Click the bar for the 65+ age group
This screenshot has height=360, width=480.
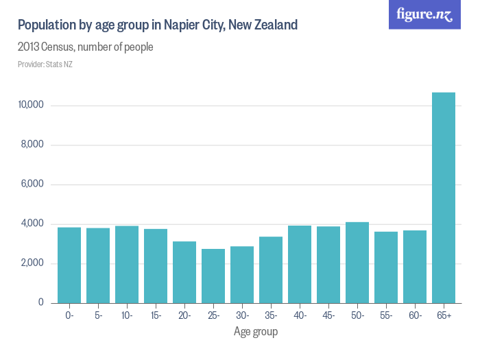tap(444, 197)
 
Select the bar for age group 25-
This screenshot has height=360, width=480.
tap(213, 276)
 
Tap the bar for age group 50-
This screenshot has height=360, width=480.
tap(357, 263)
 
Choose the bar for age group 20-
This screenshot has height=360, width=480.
tap(184, 272)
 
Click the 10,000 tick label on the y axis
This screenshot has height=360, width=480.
tap(32, 106)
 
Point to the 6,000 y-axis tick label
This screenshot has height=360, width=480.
tap(34, 184)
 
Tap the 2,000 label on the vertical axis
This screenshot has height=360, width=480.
tap(34, 263)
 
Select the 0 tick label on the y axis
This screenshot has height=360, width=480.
tap(41, 302)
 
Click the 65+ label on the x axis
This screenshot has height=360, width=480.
tap(444, 315)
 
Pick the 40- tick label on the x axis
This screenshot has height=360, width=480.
tap(300, 315)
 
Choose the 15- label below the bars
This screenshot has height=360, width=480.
tap(156, 315)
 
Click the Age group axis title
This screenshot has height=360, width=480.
tap(256, 332)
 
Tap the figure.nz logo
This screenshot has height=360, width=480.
tap(424, 14)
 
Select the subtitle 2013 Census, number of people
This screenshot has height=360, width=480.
tap(85, 47)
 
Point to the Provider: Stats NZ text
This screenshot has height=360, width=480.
tap(45, 64)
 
